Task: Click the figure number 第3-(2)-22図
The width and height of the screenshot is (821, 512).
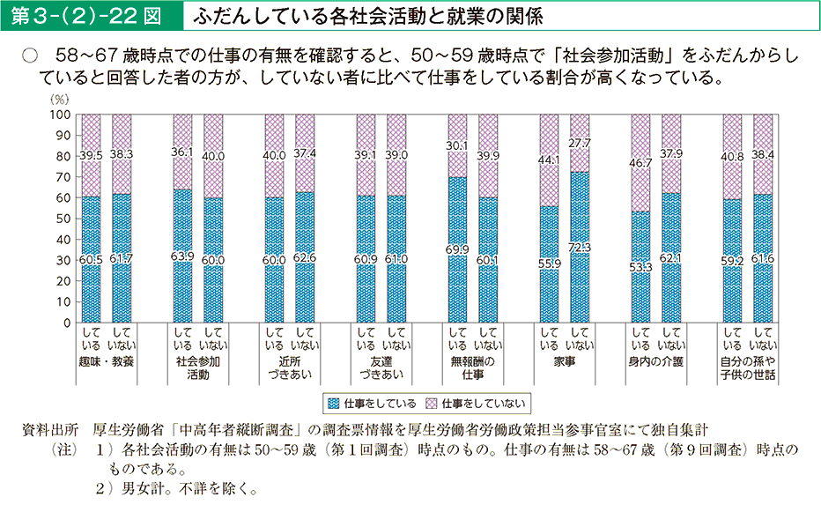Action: (x=90, y=16)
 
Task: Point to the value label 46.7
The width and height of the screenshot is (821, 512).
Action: (x=640, y=162)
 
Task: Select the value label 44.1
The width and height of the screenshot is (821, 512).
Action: (x=549, y=160)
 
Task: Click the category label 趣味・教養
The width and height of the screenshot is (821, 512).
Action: (x=106, y=361)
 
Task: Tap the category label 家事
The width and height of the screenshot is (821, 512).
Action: (x=564, y=361)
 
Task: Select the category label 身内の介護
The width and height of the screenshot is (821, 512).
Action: (x=656, y=361)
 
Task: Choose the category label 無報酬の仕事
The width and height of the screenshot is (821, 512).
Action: (x=473, y=367)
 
